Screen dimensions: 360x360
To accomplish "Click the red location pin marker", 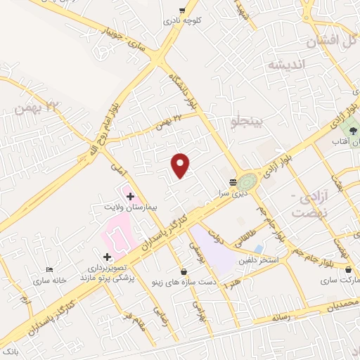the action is tap(181, 165).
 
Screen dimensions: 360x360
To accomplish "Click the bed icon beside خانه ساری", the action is tap(49, 270).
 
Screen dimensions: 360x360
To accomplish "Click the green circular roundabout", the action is tap(247, 181).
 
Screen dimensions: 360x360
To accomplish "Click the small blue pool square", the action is tap(259, 249).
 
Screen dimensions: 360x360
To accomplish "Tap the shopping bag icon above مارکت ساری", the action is tap(349, 270).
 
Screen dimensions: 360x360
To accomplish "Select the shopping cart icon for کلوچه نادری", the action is tap(182, 11).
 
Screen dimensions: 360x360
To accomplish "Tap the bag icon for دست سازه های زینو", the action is tap(184, 271).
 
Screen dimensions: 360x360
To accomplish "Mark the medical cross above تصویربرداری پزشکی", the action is tap(107, 257).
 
